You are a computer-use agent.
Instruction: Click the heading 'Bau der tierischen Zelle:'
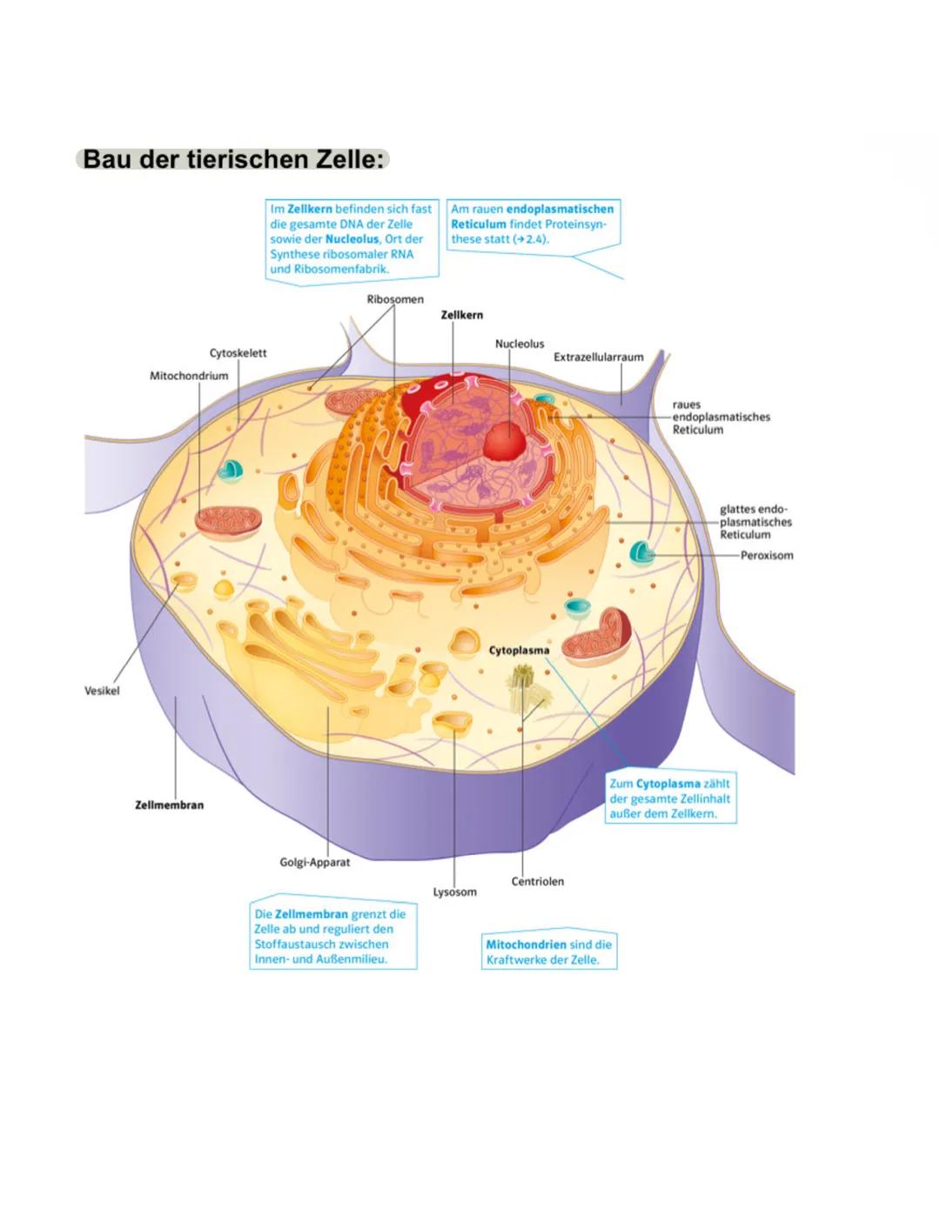[x=232, y=160]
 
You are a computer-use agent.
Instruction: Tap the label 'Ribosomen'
[x=395, y=299]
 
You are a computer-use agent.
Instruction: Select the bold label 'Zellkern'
[x=461, y=315]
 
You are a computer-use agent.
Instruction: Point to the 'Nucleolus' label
[x=520, y=344]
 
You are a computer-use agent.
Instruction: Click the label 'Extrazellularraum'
[x=599, y=357]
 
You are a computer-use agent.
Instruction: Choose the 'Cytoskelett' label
[x=238, y=353]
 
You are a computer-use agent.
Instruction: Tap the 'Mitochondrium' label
[x=189, y=376]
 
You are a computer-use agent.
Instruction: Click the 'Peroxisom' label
[x=767, y=555]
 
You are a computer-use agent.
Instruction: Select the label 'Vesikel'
[x=102, y=691]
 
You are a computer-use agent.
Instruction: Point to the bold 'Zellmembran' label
[x=169, y=804]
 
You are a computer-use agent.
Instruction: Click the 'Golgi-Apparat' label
[x=314, y=862]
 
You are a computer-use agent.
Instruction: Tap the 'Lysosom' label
[x=455, y=891]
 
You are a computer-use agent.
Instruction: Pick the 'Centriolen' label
[x=537, y=881]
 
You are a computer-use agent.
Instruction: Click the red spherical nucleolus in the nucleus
[x=505, y=441]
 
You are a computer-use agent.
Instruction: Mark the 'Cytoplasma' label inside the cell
[x=519, y=651]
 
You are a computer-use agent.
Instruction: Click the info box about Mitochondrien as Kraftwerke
[x=549, y=951]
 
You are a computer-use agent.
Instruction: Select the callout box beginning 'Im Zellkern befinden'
[x=351, y=238]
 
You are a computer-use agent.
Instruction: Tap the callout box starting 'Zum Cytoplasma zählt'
[x=669, y=798]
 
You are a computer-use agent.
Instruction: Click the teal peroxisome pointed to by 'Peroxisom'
[x=642, y=551]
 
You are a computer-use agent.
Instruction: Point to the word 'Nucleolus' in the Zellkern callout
[x=352, y=239]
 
